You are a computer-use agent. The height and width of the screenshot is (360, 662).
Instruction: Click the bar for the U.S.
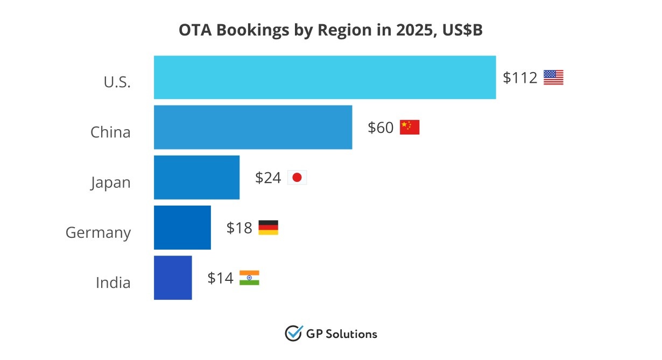325,77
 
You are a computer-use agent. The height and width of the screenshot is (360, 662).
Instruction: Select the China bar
253,128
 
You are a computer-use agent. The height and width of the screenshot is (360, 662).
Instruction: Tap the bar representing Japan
196,178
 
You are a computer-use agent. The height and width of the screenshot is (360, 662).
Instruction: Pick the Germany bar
182,228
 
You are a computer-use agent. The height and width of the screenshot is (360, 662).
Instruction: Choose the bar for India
173,278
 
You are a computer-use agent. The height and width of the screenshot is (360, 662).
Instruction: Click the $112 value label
520,78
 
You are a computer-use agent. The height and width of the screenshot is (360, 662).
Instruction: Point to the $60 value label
381,128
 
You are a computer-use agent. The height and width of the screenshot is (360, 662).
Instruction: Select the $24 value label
268,178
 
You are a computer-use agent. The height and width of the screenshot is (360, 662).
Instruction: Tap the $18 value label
239,228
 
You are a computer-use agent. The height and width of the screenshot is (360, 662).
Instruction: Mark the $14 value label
220,278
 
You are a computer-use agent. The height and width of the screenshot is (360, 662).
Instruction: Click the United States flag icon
553,78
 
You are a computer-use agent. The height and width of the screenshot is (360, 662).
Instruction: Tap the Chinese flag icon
409,128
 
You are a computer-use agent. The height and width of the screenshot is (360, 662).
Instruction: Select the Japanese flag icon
297,178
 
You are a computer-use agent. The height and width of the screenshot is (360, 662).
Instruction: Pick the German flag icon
268,228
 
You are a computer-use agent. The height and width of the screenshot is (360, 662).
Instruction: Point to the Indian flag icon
249,278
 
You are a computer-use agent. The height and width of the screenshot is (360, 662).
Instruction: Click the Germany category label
98,233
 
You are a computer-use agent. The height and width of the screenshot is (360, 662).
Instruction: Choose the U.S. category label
117,83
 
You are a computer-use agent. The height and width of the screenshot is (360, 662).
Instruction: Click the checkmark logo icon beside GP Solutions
293,334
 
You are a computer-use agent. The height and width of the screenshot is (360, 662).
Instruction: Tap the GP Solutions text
341,334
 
